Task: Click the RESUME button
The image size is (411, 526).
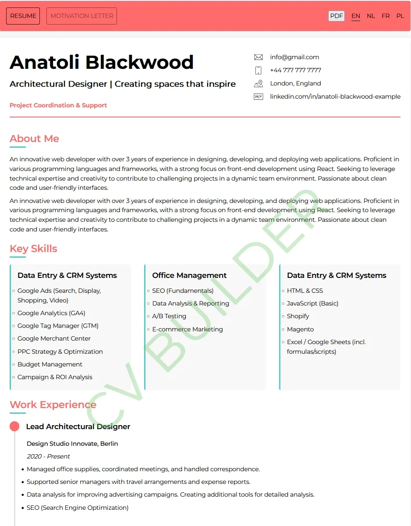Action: tap(23, 16)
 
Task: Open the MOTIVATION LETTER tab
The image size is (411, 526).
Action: tap(81, 16)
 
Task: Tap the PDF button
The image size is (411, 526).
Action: tap(337, 16)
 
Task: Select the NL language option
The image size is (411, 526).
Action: tap(371, 16)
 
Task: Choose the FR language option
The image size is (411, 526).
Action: tap(386, 16)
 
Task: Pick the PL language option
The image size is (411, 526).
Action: tap(400, 16)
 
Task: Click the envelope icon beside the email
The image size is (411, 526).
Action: tap(259, 57)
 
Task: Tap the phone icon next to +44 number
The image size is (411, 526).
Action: tap(259, 70)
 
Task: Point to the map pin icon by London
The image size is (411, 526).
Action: tap(259, 83)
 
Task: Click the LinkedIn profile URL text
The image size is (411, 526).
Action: tap(335, 96)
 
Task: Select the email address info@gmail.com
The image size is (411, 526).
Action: tap(294, 57)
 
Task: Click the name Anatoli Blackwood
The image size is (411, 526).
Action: tap(102, 62)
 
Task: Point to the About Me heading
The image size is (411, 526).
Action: tap(34, 139)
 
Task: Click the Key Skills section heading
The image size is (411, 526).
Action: tap(33, 249)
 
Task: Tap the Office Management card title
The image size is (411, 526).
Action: tap(189, 275)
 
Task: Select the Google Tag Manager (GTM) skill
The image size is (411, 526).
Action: tap(58, 326)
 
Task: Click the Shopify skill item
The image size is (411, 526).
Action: tap(298, 316)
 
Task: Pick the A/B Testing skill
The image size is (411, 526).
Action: tap(169, 316)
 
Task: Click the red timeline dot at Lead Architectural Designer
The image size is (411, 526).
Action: tap(14, 426)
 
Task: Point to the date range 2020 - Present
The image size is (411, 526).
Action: tap(48, 456)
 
